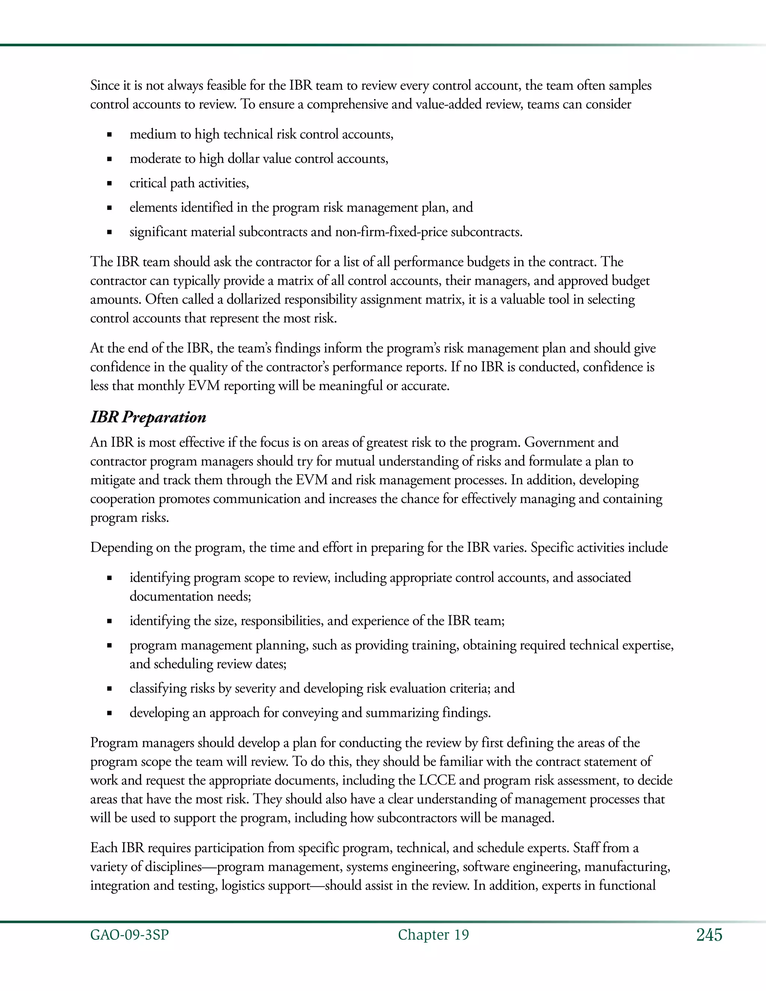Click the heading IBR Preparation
tap(148, 417)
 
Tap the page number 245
tap(709, 935)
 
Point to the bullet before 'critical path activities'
tap(109, 184)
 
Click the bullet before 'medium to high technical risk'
tap(109, 135)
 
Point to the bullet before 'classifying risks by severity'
tap(109, 689)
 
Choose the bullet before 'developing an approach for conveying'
tap(109, 713)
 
